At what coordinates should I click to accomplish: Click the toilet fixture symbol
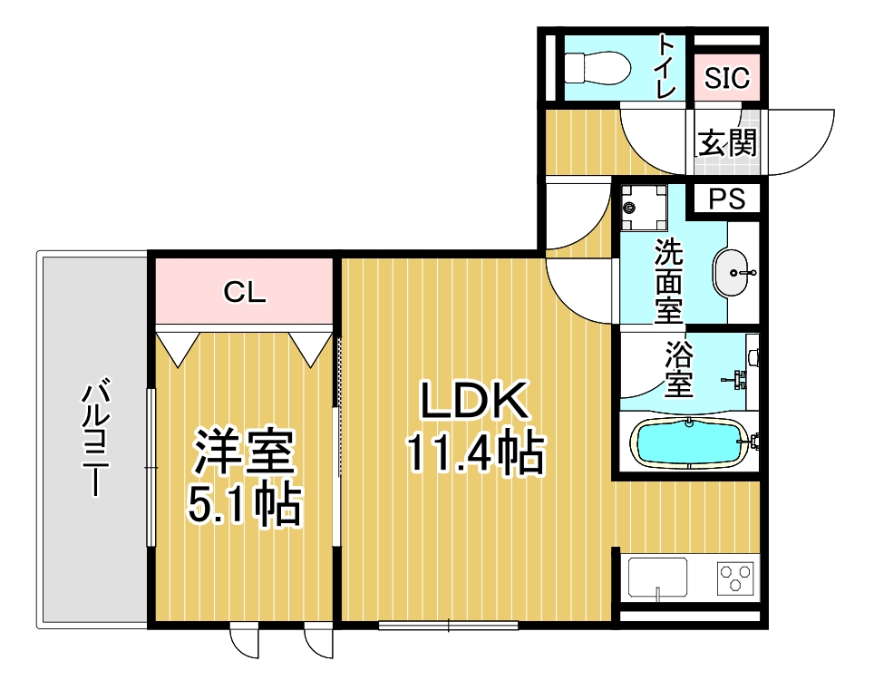[597, 69]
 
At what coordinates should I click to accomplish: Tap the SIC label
[727, 78]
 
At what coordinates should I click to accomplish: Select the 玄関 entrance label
[727, 142]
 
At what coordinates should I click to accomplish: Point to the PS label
[727, 199]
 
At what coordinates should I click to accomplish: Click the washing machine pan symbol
[645, 208]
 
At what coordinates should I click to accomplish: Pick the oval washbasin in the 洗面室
[731, 273]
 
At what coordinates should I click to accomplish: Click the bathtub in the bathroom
[689, 443]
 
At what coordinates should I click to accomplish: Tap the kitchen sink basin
[657, 578]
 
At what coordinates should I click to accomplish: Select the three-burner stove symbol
[735, 578]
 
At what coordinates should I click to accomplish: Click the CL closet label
[245, 291]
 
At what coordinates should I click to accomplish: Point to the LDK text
[474, 400]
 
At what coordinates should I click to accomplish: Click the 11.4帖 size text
[475, 452]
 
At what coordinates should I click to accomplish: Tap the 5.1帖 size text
[246, 505]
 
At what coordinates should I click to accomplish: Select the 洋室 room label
[244, 452]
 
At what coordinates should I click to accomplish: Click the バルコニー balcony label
[95, 436]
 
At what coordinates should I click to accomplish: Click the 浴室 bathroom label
[679, 369]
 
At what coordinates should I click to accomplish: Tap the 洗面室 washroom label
[668, 281]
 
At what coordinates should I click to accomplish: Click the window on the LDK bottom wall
[448, 626]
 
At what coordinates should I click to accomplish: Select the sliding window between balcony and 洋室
[151, 467]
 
